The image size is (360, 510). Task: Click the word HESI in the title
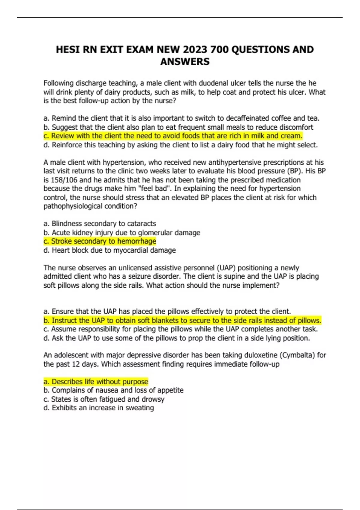click(68, 49)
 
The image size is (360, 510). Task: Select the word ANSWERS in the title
click(185, 62)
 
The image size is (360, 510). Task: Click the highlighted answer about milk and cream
click(173, 136)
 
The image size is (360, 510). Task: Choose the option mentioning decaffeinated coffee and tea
click(181, 118)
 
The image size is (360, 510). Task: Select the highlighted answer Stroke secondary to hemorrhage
click(100, 241)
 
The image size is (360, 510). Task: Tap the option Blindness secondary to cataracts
click(100, 224)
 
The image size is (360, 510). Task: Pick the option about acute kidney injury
click(122, 232)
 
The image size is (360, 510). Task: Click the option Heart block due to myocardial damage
click(109, 250)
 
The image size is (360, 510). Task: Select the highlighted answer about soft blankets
click(182, 320)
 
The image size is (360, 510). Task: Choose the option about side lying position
click(176, 338)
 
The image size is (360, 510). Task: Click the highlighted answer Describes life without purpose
click(96, 382)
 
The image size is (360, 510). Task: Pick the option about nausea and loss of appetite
click(113, 390)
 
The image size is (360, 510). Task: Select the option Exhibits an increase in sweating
click(99, 408)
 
